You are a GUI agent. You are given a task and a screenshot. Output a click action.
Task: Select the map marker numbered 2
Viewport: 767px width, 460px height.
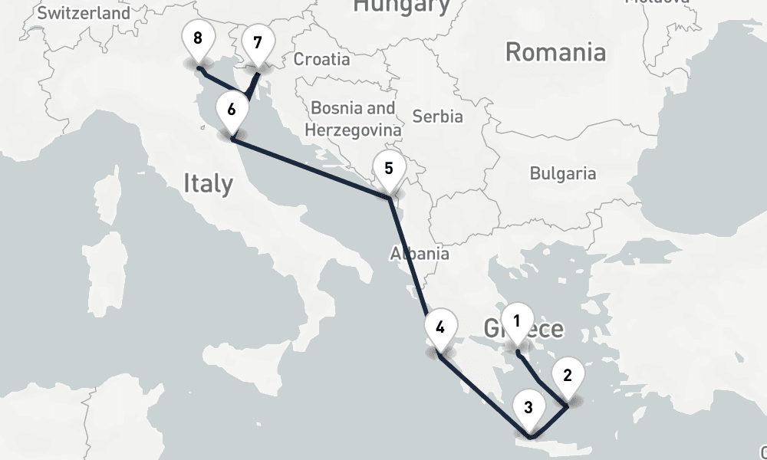click(567, 376)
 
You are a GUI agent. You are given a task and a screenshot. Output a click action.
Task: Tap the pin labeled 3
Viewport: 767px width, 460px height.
click(528, 409)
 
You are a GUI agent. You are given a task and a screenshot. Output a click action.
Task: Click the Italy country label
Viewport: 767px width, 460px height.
click(208, 183)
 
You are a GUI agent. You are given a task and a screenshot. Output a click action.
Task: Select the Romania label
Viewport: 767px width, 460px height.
click(555, 52)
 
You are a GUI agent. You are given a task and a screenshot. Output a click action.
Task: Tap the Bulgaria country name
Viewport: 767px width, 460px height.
click(563, 173)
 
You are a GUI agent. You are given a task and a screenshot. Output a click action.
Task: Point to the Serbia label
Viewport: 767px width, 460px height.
click(437, 117)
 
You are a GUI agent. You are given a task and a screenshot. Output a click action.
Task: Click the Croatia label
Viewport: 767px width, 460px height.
click(321, 59)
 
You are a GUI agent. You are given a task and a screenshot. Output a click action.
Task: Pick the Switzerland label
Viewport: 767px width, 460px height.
click(84, 13)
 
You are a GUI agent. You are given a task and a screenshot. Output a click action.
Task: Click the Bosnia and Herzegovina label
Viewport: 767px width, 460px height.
click(352, 119)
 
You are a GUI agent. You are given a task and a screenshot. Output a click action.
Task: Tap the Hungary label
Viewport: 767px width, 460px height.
click(400, 6)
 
